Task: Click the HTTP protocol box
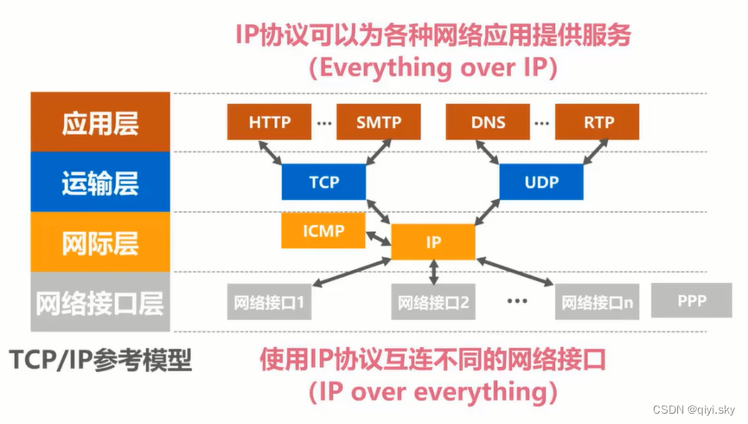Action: click(269, 122)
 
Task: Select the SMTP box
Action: click(378, 122)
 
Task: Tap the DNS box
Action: click(488, 122)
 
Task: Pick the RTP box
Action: click(598, 122)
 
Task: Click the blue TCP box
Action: click(323, 183)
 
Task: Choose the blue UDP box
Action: click(541, 183)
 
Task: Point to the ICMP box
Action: click(323, 230)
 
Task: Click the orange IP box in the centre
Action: click(433, 242)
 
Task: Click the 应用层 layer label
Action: click(100, 123)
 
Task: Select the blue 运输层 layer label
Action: click(100, 183)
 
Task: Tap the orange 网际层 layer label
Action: click(100, 243)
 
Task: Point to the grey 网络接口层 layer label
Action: click(100, 303)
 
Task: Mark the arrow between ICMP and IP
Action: click(379, 236)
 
